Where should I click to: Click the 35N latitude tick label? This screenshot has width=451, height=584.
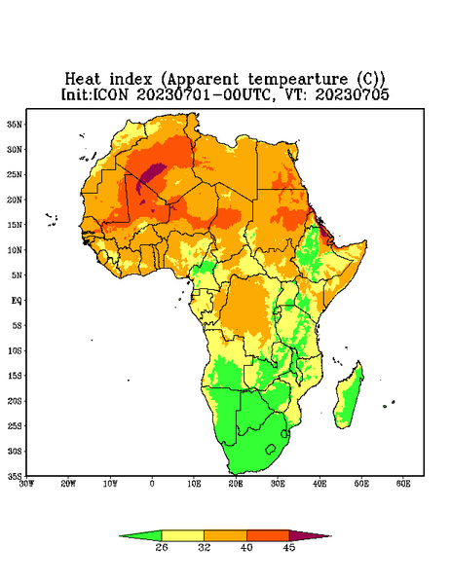(15, 125)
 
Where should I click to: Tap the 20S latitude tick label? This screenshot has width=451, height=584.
(15, 401)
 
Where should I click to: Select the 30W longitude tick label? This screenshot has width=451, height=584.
(26, 484)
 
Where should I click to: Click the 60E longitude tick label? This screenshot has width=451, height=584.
(403, 484)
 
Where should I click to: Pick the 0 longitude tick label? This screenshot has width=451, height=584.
(152, 484)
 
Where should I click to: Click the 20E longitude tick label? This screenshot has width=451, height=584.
(236, 484)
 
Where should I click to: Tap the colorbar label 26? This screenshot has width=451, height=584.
(162, 547)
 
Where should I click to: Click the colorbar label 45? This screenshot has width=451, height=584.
(289, 547)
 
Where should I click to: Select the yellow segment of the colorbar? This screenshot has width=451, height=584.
(182, 535)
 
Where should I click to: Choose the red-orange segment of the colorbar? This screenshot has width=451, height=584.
(268, 535)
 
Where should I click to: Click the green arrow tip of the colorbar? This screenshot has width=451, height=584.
(120, 536)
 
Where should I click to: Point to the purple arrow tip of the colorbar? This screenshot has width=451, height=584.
(330, 536)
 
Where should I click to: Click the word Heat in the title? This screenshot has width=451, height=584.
(83, 80)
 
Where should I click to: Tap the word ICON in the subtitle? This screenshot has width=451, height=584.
(110, 94)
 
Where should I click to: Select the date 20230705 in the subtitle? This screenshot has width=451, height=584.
(353, 94)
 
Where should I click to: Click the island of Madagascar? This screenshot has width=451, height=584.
(349, 397)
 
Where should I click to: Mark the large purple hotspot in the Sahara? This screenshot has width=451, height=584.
(152, 173)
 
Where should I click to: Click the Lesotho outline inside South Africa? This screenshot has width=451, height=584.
(271, 449)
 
